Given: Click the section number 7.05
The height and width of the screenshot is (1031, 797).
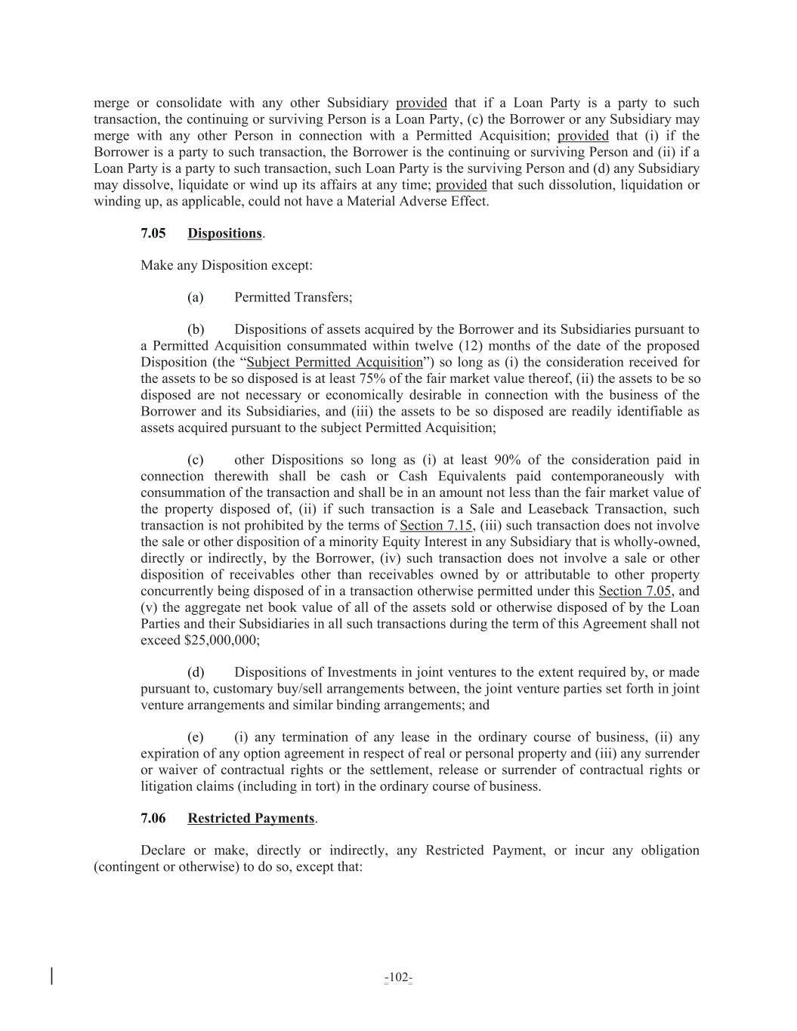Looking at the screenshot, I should [153, 233].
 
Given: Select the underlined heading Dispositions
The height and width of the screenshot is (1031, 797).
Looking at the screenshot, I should [224, 233].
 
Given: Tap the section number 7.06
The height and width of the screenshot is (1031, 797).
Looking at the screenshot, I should [153, 819].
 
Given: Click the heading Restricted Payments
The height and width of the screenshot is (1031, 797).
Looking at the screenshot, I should [251, 819].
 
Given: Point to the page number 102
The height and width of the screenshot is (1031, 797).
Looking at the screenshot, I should [398, 979].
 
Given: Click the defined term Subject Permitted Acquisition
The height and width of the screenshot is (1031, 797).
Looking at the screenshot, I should [335, 363].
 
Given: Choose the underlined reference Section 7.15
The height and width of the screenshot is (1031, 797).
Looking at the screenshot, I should [431, 526].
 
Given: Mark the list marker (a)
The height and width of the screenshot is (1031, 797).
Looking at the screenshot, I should [196, 298].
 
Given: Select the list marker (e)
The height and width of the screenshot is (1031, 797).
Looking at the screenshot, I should [196, 737].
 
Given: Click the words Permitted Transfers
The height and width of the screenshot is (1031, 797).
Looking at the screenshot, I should [293, 298].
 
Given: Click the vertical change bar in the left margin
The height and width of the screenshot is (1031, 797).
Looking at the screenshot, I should [51, 976].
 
